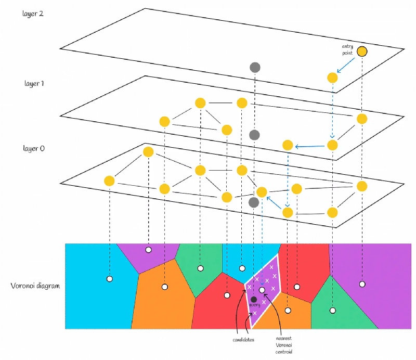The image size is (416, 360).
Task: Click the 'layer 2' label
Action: [x=33, y=14]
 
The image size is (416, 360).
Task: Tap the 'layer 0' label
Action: [x=34, y=149]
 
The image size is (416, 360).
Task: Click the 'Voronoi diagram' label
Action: [x=34, y=286]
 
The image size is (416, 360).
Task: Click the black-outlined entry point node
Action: [x=362, y=51]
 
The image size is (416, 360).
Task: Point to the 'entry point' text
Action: [x=347, y=50]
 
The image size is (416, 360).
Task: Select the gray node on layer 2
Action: [x=255, y=67]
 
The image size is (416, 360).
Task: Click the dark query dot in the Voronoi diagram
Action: [x=254, y=299]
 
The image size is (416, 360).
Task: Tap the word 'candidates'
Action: [x=240, y=339]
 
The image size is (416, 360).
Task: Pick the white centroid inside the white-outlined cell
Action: [x=262, y=290]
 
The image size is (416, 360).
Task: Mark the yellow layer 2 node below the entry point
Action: [x=333, y=78]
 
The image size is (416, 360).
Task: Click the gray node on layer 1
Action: [x=254, y=135]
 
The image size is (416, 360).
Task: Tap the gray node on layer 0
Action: [x=254, y=202]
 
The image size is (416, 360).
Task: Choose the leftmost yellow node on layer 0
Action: [x=109, y=181]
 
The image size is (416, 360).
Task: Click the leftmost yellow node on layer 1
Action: [x=164, y=122]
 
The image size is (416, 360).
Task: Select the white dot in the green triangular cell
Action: [x=333, y=311]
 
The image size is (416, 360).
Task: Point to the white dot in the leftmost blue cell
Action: [x=109, y=279]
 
